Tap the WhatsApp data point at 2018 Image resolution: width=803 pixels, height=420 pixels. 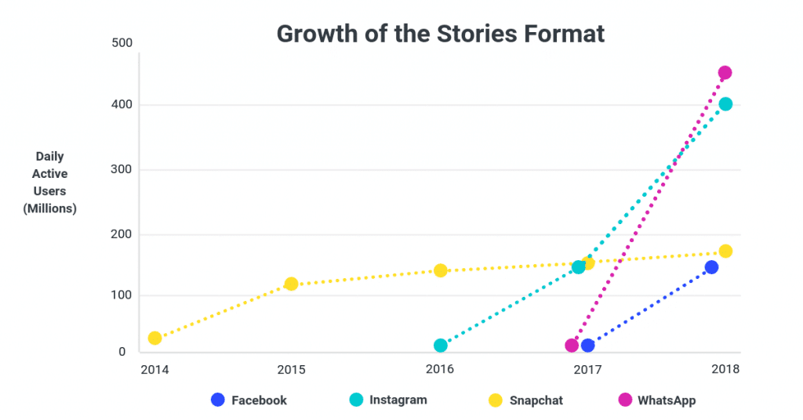click(725, 73)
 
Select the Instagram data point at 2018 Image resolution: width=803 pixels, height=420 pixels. click(725, 104)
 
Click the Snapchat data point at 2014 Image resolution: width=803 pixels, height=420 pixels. click(155, 338)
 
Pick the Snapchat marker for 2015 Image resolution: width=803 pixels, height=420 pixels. click(291, 284)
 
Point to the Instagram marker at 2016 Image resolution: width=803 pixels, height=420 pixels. click(441, 346)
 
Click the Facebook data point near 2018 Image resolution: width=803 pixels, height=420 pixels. click(711, 267)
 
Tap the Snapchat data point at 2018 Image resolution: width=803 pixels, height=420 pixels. click(725, 252)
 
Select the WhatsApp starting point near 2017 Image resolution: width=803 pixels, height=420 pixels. click(572, 346)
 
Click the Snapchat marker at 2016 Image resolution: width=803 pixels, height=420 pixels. click(441, 270)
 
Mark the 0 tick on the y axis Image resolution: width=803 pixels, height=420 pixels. click(122, 353)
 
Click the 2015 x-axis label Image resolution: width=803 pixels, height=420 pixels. click(290, 368)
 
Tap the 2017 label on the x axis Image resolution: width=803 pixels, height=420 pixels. click(587, 368)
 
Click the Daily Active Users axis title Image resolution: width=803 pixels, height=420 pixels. click(50, 183)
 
